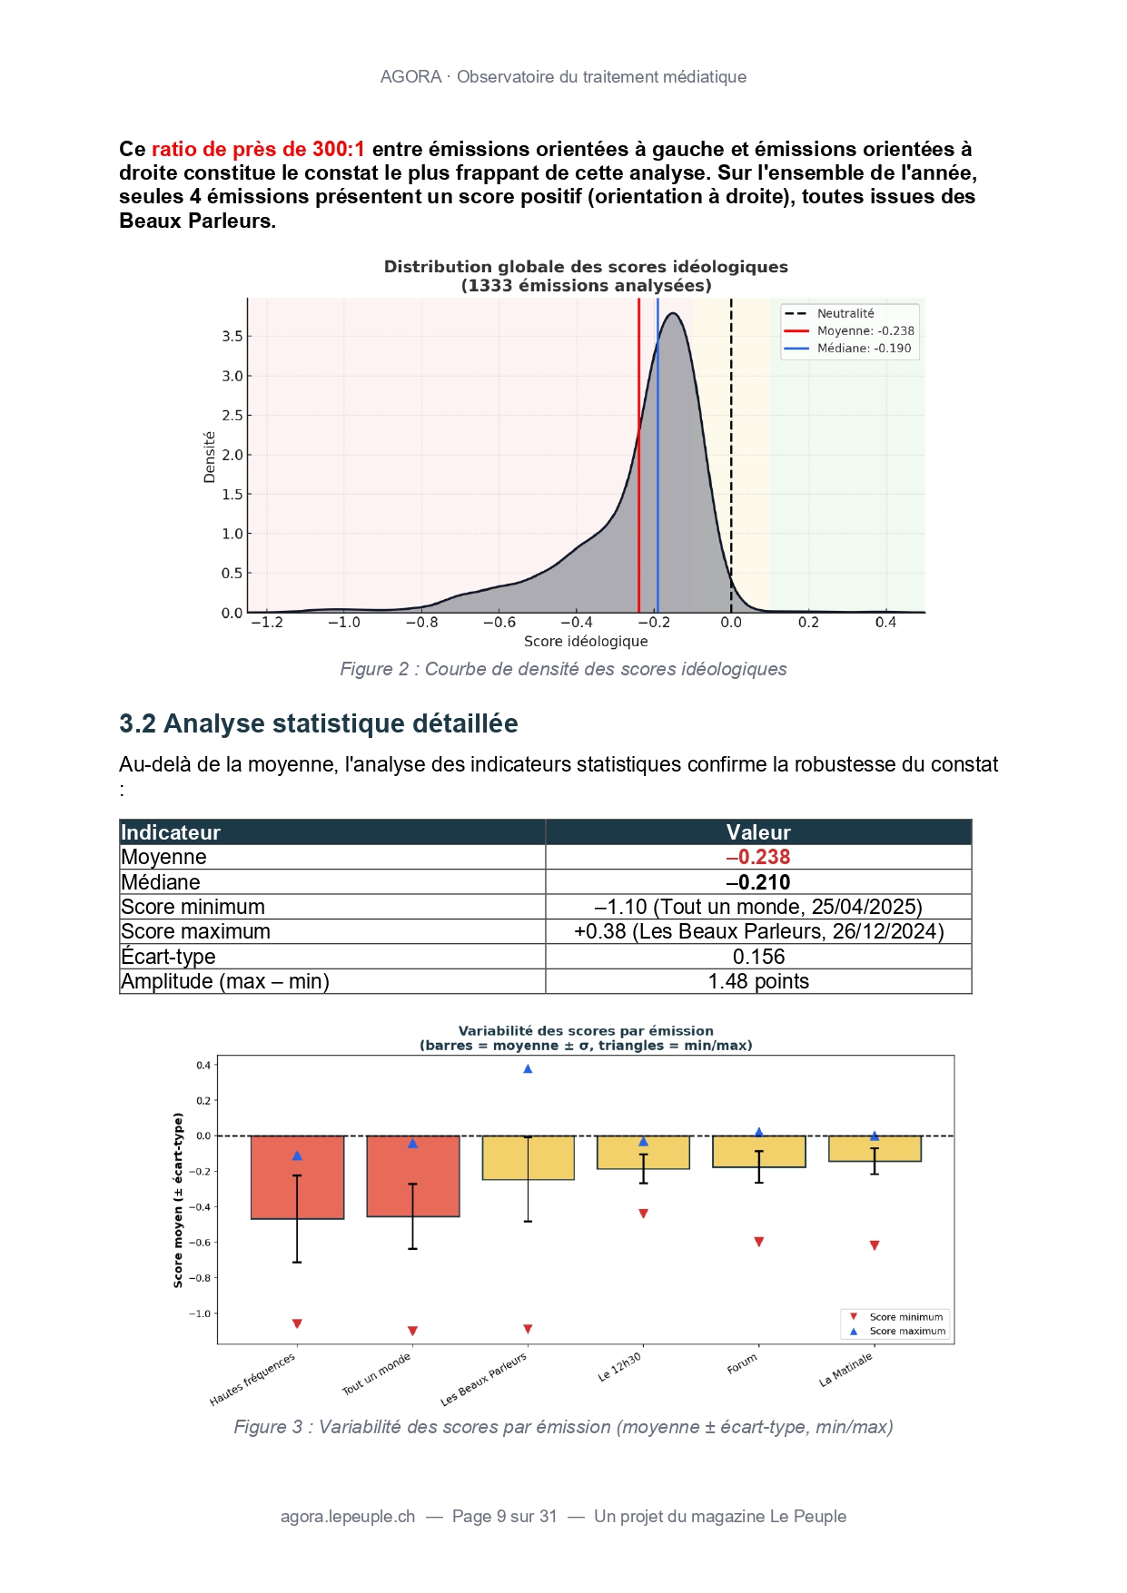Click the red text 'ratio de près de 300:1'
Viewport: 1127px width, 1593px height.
[258, 149]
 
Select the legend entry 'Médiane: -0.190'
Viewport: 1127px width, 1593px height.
[863, 349]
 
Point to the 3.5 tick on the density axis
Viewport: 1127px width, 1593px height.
[232, 336]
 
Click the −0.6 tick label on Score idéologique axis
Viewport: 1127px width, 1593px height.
[499, 623]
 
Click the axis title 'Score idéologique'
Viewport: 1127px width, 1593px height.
[586, 642]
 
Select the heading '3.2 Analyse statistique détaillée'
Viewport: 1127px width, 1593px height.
[318, 723]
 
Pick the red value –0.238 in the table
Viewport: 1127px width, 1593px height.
[758, 857]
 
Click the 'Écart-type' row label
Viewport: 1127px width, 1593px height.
[169, 957]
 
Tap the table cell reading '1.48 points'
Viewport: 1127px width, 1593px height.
[758, 981]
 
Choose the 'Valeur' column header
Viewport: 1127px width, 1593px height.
[758, 832]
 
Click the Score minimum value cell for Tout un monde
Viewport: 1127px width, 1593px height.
[758, 907]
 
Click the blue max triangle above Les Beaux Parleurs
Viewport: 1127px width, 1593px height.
[528, 1068]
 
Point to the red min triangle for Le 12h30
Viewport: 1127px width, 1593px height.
[643, 1214]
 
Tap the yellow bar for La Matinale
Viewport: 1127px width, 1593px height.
[875, 1148]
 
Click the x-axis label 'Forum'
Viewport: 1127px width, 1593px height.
[742, 1363]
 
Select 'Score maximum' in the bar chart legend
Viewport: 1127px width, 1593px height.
[906, 1332]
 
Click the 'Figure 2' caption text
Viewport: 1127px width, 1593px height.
[563, 669]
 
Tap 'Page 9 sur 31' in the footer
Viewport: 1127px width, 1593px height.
[504, 1517]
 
